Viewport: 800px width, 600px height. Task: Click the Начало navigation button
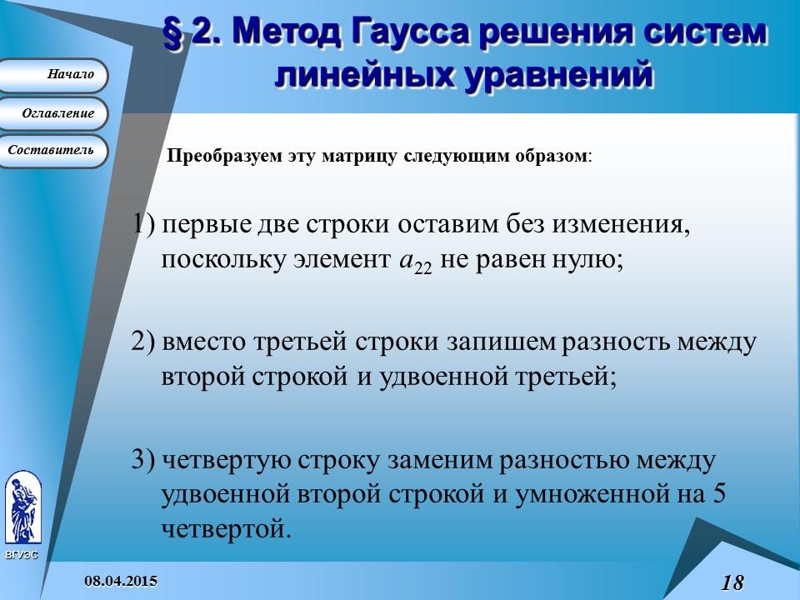[x=54, y=75]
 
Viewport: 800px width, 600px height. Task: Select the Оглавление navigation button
[x=54, y=113]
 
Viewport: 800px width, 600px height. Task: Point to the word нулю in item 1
[x=592, y=258]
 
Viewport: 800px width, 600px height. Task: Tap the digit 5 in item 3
[x=720, y=493]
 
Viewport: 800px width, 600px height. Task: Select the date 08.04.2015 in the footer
[x=120, y=580]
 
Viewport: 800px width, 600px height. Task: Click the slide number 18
[x=732, y=582]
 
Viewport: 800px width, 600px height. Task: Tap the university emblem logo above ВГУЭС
[x=22, y=508]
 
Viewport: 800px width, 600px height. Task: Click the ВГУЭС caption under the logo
[x=21, y=555]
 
